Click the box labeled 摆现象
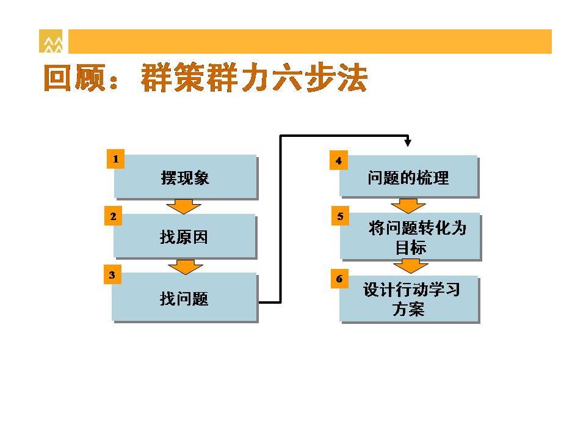[x=186, y=177]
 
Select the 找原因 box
[x=184, y=236]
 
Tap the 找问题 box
[x=184, y=298]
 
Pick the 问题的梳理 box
[x=409, y=177]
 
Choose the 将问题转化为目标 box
[x=410, y=237]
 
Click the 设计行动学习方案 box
[x=409, y=299]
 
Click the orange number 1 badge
[x=115, y=159]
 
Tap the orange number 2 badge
[x=114, y=216]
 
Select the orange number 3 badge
[x=112, y=274]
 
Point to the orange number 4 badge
[x=339, y=161]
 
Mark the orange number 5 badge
[x=340, y=216]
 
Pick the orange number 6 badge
[x=339, y=279]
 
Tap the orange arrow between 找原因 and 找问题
[x=186, y=267]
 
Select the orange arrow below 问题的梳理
[x=408, y=206]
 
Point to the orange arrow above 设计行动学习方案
[x=410, y=266]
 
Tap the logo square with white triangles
[x=51, y=41]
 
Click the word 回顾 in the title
[x=74, y=78]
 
